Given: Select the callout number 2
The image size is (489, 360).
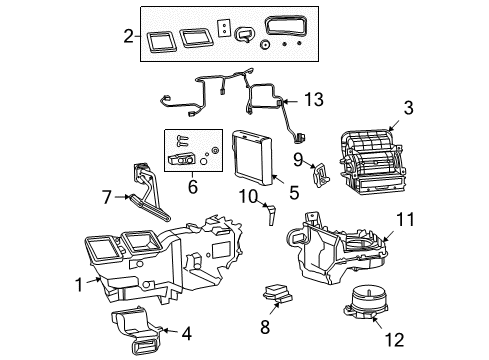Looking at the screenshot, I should tap(128, 37).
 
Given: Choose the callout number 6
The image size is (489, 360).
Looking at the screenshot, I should tap(193, 185).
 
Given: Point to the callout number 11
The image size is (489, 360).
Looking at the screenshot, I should tap(404, 244).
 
